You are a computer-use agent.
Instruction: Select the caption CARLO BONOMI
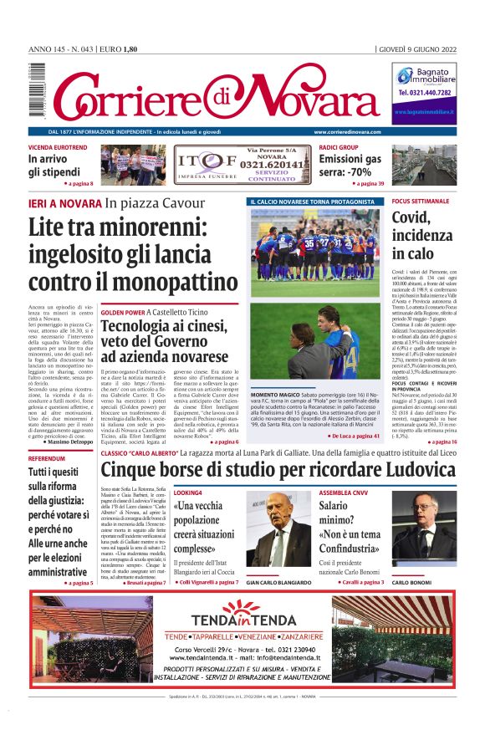(x=411, y=582)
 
